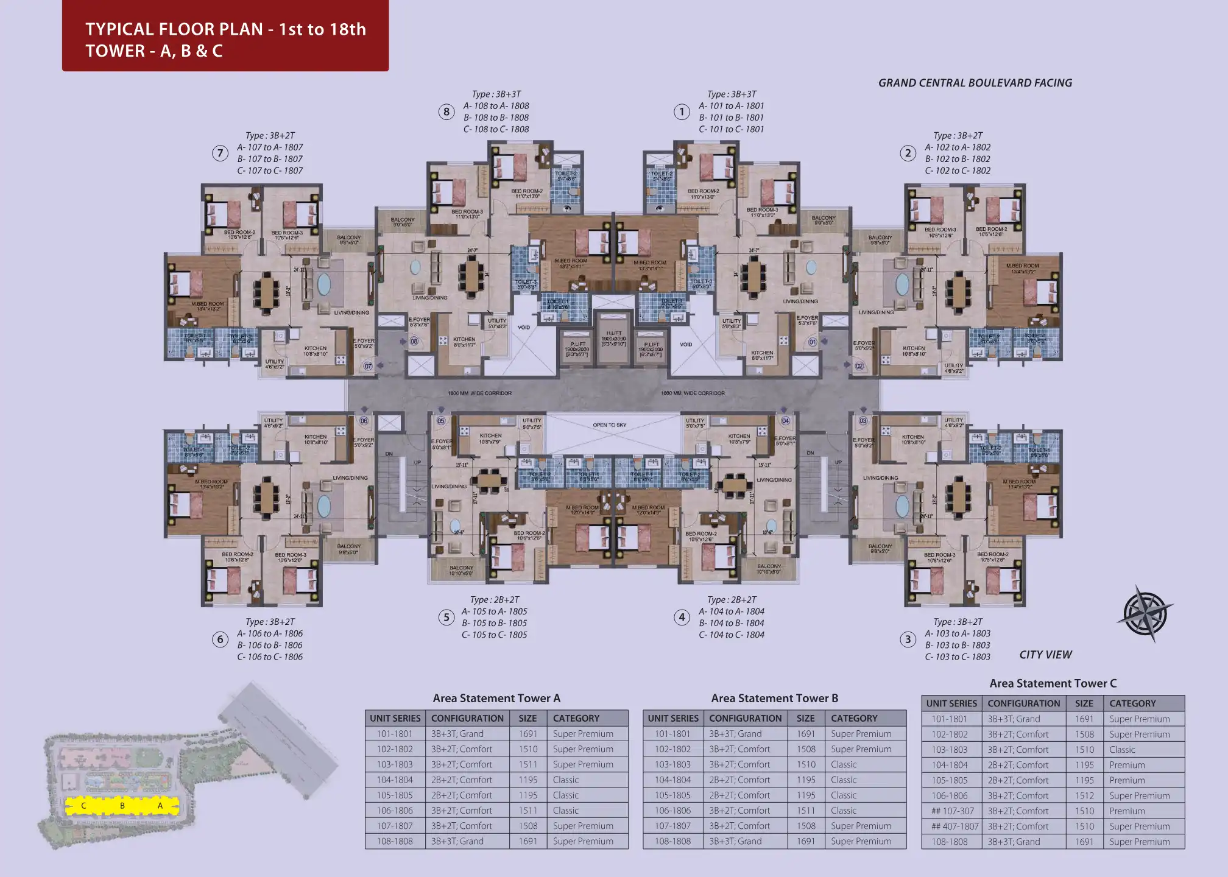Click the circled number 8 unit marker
click(x=446, y=112)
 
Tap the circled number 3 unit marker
click(x=908, y=639)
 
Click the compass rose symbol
click(x=1145, y=614)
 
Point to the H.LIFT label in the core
click(x=613, y=333)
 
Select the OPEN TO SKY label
click(x=609, y=425)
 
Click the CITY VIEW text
click(x=1045, y=655)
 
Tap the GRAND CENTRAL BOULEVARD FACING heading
click(x=975, y=83)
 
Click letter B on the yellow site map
click(x=122, y=806)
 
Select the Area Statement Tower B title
click(x=774, y=699)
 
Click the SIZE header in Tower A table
click(x=528, y=719)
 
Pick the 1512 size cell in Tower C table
click(x=1084, y=796)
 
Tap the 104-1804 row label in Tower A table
click(x=395, y=780)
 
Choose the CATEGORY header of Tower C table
click(x=1132, y=703)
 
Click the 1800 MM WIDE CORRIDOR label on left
click(x=480, y=393)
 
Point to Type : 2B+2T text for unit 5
click(x=494, y=600)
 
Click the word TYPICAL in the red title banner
click(x=119, y=29)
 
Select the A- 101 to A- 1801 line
click(x=731, y=106)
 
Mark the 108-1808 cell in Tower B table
click(x=673, y=842)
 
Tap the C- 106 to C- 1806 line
click(x=270, y=657)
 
